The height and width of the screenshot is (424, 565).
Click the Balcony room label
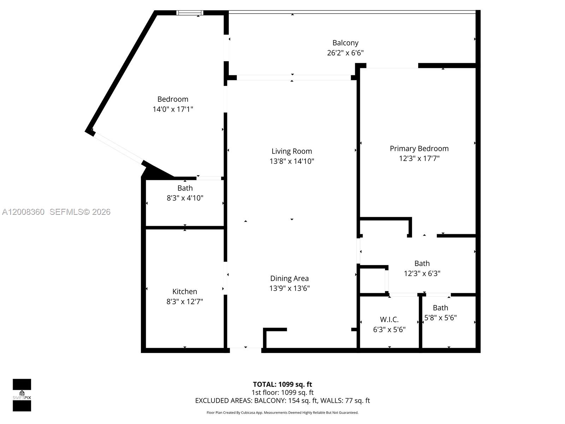click(345, 43)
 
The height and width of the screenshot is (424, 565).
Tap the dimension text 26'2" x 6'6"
click(345, 53)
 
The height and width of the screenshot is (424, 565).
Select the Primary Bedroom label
click(419, 148)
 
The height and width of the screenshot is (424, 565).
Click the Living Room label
click(292, 151)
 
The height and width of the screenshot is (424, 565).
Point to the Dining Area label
click(289, 278)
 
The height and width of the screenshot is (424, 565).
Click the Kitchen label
click(185, 291)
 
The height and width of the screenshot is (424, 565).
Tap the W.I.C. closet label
click(389, 319)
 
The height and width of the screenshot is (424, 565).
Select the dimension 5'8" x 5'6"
click(440, 318)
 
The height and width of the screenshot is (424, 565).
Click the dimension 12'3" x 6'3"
click(422, 273)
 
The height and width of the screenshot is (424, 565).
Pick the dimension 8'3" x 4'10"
click(185, 198)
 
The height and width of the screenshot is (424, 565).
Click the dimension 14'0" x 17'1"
click(173, 109)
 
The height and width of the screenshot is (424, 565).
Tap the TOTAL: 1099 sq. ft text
click(282, 384)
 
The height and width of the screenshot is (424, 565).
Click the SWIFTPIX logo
click(22, 395)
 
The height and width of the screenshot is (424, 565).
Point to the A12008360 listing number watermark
click(23, 212)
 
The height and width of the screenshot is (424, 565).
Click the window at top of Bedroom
click(190, 13)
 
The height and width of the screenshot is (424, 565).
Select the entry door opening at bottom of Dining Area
click(245, 350)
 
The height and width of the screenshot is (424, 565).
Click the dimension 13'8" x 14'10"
click(292, 161)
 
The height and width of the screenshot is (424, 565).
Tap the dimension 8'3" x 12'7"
click(185, 301)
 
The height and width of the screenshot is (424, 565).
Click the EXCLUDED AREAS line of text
click(282, 400)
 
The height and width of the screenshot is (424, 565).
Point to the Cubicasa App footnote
click(282, 413)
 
